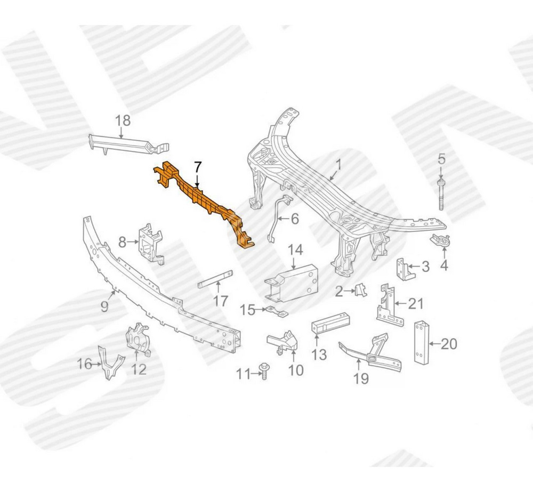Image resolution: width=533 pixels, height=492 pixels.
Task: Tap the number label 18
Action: (x=123, y=120)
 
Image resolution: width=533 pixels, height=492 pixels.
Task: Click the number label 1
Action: (x=337, y=165)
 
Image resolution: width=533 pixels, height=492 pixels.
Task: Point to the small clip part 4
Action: (x=442, y=241)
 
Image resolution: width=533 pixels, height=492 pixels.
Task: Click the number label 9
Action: (x=104, y=307)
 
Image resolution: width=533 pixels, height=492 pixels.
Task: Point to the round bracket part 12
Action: (x=138, y=339)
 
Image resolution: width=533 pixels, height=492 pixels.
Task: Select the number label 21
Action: (x=416, y=304)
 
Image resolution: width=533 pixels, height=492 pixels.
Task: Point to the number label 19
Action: (x=361, y=378)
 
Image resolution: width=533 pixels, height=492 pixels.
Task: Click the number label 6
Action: (x=295, y=219)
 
